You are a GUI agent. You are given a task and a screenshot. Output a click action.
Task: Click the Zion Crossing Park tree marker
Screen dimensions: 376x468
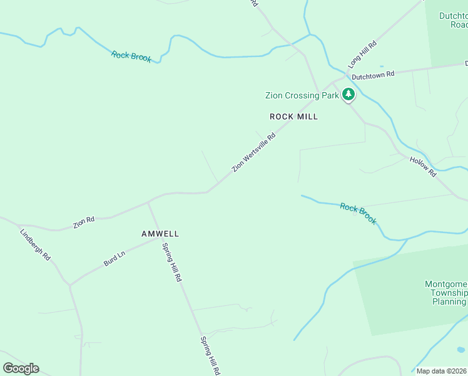(x=348, y=95)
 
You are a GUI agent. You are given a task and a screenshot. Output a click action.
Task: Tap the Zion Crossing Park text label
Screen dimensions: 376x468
(x=302, y=96)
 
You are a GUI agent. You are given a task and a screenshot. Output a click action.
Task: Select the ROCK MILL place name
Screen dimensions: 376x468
(x=293, y=117)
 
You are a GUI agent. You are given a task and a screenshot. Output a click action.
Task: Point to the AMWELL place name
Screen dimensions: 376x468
(x=160, y=234)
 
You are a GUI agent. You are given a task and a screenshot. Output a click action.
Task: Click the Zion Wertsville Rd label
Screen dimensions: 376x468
(x=253, y=152)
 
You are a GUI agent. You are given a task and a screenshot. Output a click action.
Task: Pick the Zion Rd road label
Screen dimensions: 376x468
(x=83, y=222)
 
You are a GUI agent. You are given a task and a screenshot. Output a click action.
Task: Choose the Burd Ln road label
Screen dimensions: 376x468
(x=114, y=259)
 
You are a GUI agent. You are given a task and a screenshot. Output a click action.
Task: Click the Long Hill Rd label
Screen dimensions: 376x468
(x=362, y=55)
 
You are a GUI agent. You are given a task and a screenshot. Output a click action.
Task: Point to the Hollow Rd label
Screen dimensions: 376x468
(x=423, y=166)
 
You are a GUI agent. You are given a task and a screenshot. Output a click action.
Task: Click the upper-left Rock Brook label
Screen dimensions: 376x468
(x=131, y=56)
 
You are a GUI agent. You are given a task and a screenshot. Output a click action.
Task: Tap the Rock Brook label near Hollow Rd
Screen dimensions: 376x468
(x=359, y=213)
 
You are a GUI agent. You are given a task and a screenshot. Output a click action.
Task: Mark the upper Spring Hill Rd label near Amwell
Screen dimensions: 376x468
(x=171, y=261)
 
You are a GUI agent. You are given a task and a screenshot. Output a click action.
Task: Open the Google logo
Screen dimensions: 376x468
(x=21, y=368)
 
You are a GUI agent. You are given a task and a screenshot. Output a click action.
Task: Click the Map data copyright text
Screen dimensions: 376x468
(x=442, y=371)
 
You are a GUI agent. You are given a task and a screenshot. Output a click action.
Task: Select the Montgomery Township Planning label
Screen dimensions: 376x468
(x=446, y=293)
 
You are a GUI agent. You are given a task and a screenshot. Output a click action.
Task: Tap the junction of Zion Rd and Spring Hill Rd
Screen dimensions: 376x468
(x=148, y=202)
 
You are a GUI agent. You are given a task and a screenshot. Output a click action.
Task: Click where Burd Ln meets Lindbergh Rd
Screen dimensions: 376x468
(x=69, y=285)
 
